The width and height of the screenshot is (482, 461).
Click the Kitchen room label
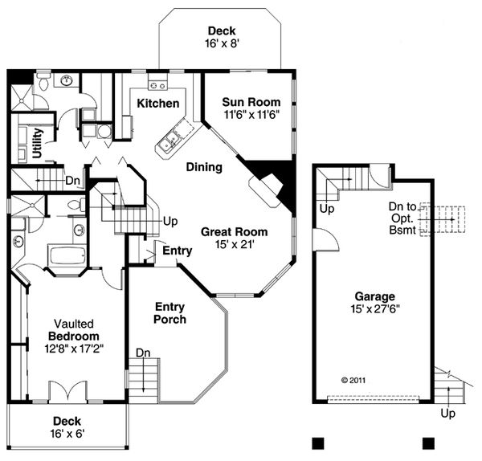coord(157,104)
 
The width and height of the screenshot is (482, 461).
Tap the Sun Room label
coord(251,102)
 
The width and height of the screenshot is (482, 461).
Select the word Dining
coord(204,167)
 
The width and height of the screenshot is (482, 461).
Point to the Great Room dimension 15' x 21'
coord(234,244)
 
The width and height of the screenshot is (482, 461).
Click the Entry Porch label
coord(170,313)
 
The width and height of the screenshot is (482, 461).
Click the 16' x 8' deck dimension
coord(221,46)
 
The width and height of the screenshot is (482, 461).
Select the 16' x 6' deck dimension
coord(67,434)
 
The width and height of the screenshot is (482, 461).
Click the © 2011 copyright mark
coord(353,380)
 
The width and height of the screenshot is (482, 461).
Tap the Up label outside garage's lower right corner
coord(449,413)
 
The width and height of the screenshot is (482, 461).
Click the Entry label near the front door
coord(177,251)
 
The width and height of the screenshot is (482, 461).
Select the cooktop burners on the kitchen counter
coord(157,86)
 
